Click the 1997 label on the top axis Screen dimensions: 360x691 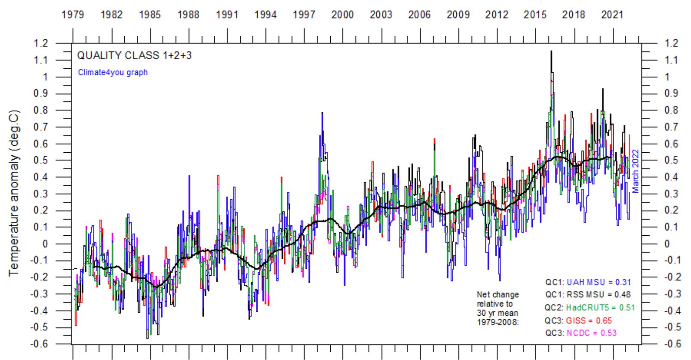tap(304, 15)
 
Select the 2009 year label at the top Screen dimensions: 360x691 tap(458, 15)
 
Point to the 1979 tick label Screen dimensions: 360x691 tap(73, 15)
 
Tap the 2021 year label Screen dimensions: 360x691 tap(612, 15)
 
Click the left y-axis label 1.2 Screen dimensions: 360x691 tap(41, 43)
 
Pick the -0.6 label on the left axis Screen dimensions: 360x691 tap(39, 344)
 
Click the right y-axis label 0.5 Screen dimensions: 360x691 tap(671, 160)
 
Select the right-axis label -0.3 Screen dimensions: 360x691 tap(672, 294)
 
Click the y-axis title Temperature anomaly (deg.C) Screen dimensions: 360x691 tap(14, 193)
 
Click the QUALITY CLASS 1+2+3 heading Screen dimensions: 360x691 tap(134, 55)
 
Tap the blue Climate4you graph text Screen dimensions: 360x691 tap(113, 72)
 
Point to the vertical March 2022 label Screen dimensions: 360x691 tap(635, 171)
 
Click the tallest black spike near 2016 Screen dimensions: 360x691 tap(551, 52)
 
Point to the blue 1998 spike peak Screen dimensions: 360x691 tap(322, 114)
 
